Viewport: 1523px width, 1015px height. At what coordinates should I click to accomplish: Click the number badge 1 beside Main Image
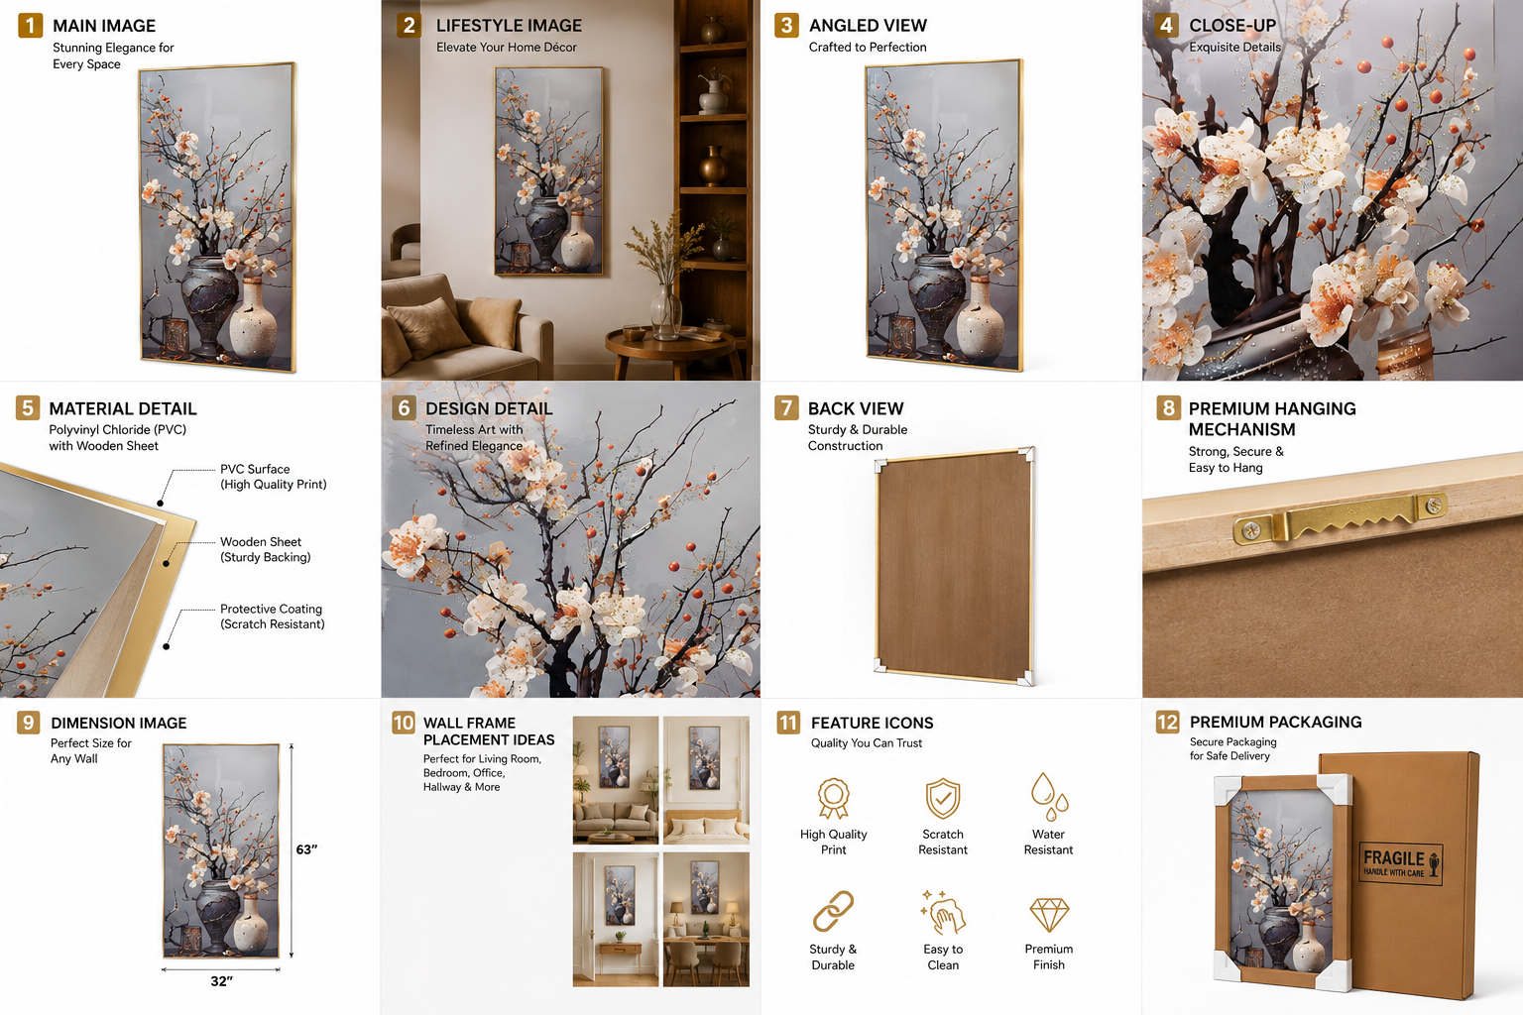[x=30, y=26]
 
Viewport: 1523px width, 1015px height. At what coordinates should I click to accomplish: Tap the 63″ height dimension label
[x=306, y=849]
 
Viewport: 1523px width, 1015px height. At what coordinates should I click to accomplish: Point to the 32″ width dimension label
[x=222, y=981]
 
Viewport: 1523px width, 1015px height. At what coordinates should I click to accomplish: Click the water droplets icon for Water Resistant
[x=1049, y=796]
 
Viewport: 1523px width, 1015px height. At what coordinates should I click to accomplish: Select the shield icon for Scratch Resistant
[x=942, y=798]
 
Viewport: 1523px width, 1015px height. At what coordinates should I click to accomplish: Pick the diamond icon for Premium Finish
[x=1049, y=915]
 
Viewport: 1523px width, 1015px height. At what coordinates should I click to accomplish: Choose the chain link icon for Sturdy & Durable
[x=833, y=911]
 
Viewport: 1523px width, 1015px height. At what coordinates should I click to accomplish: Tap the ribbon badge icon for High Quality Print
[x=834, y=798]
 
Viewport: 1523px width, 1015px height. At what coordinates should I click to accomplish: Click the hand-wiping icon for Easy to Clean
[x=943, y=912]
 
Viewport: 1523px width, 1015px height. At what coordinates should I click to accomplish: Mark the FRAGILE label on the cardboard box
[x=1401, y=862]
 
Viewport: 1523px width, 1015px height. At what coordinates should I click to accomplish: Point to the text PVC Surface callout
[x=274, y=477]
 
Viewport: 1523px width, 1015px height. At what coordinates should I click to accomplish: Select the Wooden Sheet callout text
[x=265, y=549]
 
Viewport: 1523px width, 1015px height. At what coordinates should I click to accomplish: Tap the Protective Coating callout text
[x=272, y=617]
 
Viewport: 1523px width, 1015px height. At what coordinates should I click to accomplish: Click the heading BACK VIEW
[x=856, y=408]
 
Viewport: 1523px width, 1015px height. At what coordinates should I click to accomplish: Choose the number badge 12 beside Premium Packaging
[x=1167, y=722]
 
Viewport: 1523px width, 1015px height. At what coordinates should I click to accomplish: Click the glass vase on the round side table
[x=665, y=312]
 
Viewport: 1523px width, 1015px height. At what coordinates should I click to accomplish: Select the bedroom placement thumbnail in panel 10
[x=706, y=780]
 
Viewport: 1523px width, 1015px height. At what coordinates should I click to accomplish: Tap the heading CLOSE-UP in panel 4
[x=1232, y=25]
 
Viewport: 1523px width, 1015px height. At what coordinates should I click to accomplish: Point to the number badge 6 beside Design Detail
[x=404, y=408]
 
